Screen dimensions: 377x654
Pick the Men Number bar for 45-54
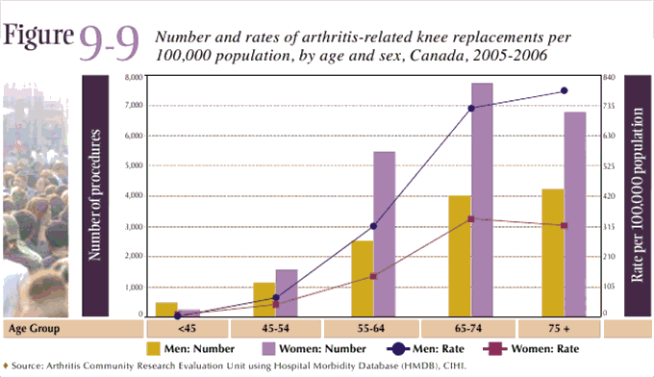pyautogui.click(x=264, y=298)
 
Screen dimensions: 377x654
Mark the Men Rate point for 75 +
pyautogui.click(x=565, y=90)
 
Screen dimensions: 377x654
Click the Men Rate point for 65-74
pyautogui.click(x=471, y=108)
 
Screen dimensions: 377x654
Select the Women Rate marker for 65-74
pyautogui.click(x=470, y=219)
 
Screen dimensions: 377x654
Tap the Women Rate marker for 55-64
pyautogui.click(x=373, y=276)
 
